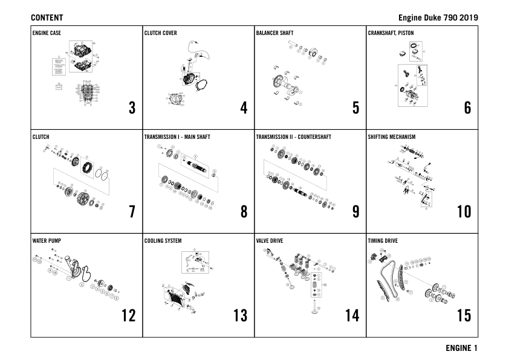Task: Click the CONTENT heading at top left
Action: coord(47,18)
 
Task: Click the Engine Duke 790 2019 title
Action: coord(438,18)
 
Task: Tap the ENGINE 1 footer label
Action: coord(462,348)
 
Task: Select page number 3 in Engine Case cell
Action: coord(132,108)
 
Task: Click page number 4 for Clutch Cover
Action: coord(244,108)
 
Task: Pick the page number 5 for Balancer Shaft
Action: coord(355,108)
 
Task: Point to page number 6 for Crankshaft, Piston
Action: coord(467,108)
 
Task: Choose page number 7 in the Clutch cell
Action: coord(132,212)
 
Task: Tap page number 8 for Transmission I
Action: coord(244,212)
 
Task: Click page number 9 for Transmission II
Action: coord(355,212)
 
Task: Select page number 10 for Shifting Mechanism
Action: coord(464,212)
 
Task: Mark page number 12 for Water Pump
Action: coord(128,315)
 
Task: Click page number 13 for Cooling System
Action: coord(240,315)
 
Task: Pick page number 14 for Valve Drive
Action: coord(352,315)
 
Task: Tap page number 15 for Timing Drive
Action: coord(464,315)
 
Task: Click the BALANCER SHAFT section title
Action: coord(274,33)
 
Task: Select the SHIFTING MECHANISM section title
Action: coord(392,137)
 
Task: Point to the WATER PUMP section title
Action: coord(47,241)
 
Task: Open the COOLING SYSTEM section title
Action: coord(163,241)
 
